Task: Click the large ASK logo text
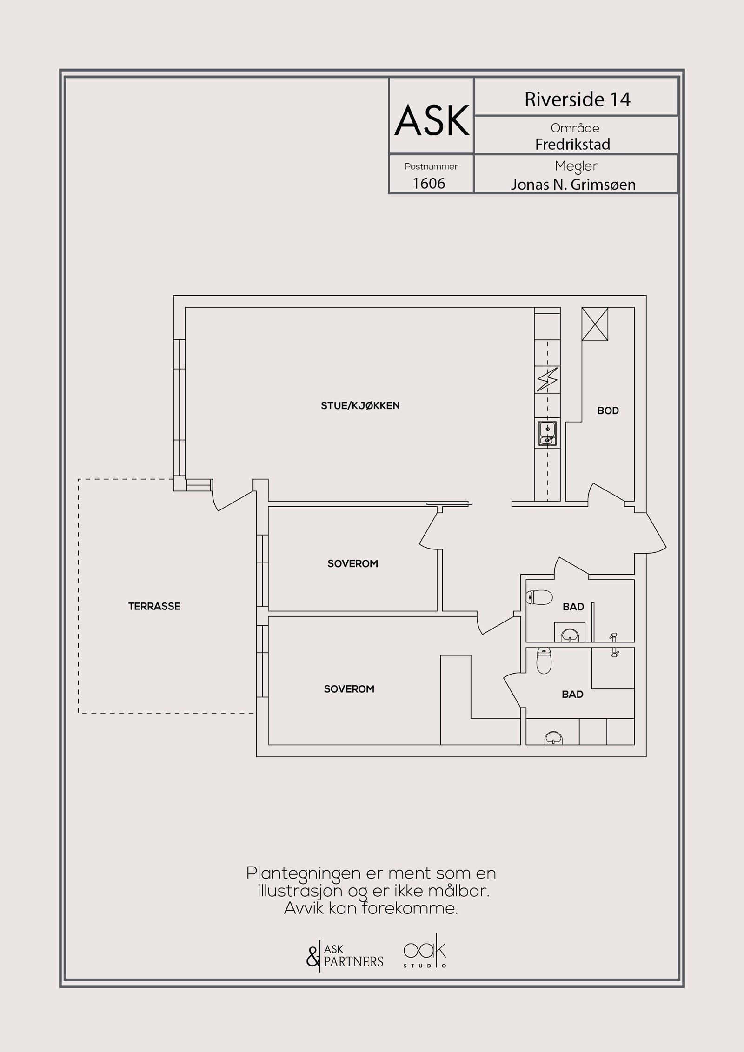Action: click(x=432, y=120)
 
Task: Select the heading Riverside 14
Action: click(x=577, y=99)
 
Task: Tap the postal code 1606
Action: click(x=429, y=184)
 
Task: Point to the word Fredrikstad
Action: click(x=572, y=145)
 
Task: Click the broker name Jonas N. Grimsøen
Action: click(x=573, y=185)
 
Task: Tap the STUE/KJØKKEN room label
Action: click(x=360, y=405)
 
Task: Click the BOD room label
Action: click(x=608, y=410)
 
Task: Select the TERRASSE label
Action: click(x=154, y=606)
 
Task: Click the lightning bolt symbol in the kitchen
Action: click(x=547, y=380)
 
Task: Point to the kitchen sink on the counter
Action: click(x=547, y=433)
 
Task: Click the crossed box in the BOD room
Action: click(x=595, y=324)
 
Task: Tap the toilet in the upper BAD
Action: click(x=539, y=597)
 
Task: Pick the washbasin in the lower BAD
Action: click(x=553, y=738)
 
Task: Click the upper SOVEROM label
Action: click(x=352, y=564)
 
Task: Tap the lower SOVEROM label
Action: click(x=349, y=689)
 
